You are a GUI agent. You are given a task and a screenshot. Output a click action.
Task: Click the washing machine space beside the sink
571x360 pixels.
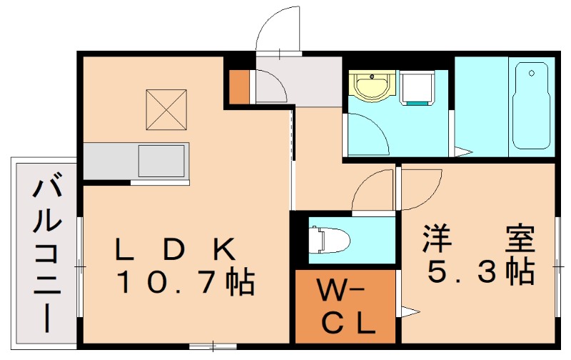418,87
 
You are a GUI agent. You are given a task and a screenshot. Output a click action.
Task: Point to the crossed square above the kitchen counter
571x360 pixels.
166,110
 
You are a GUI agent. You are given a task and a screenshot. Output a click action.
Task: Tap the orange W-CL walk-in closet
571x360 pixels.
345,306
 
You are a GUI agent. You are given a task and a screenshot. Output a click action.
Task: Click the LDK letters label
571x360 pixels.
176,250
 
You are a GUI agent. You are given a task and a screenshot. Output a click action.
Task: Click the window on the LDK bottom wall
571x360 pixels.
212,346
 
